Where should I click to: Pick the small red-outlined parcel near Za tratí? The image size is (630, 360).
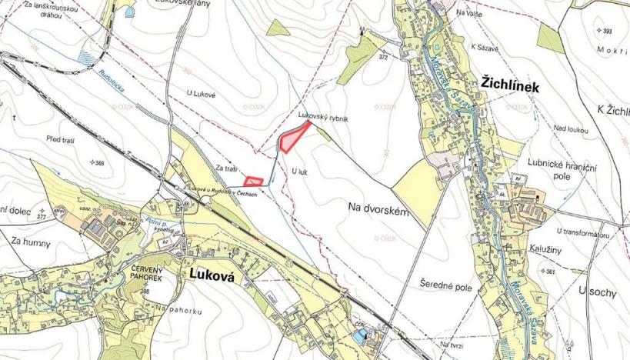coord(253,182)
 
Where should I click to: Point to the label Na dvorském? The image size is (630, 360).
coord(377,207)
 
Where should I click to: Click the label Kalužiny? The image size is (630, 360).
coord(545,249)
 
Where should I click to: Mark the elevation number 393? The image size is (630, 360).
coord(608,31)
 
